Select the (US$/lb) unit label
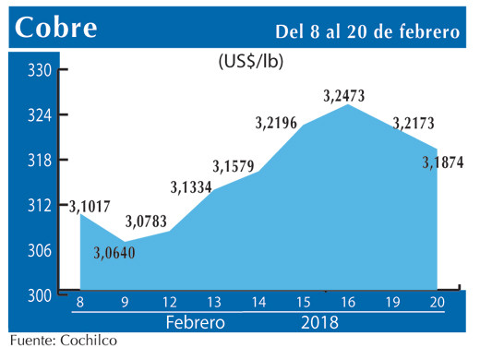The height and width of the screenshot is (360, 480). coord(250,63)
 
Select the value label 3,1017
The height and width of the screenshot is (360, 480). coord(88,205)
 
